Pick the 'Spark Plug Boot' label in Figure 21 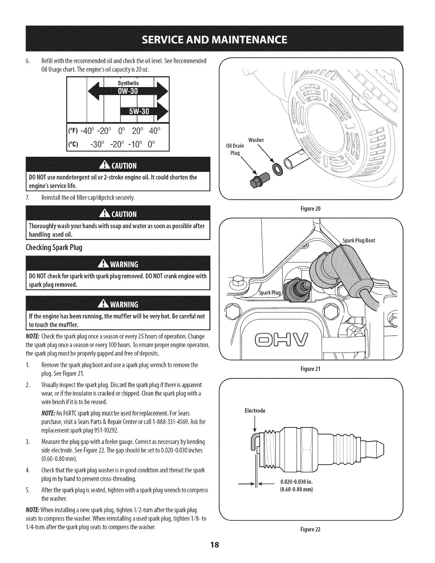pos(359,240)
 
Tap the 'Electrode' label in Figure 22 pos(255,411)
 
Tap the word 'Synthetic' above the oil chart pos(128,83)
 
